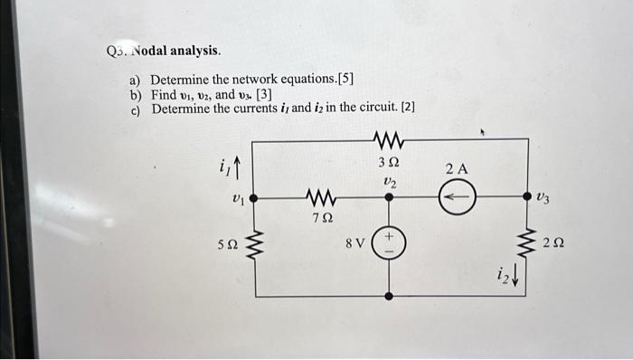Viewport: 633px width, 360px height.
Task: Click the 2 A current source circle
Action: coord(457,196)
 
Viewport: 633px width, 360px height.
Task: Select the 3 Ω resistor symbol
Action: coord(389,139)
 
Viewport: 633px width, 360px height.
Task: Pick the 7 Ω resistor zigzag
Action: coord(321,196)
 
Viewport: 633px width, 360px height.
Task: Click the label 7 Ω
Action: coord(321,218)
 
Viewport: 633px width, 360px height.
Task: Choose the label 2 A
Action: coord(457,169)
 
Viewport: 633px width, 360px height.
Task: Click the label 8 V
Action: coord(355,243)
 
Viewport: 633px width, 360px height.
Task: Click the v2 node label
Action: coord(389,181)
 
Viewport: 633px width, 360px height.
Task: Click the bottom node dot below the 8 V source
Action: coord(389,296)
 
